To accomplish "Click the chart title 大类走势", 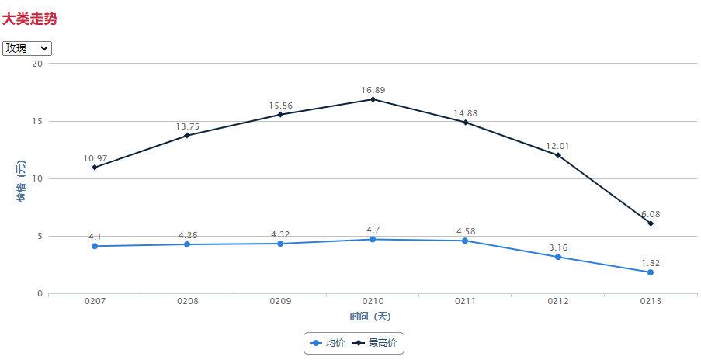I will [x=29, y=18].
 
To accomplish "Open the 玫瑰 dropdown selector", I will [x=27, y=48].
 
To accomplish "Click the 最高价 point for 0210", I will [x=373, y=99].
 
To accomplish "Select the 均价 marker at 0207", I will [x=95, y=246].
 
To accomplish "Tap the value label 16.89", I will [x=373, y=90].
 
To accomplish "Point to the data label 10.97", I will [x=95, y=158].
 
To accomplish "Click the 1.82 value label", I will [x=651, y=263].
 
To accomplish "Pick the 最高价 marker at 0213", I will [x=651, y=223].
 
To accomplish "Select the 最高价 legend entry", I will [x=378, y=343].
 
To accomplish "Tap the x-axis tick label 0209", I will [x=280, y=301].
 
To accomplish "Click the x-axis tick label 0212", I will [x=558, y=301].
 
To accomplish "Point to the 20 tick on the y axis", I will [x=37, y=63].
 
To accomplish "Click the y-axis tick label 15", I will [x=37, y=121].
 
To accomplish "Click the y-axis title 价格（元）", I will [x=21, y=178].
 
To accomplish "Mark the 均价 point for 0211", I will [x=465, y=241].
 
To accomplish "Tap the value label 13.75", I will [x=187, y=126].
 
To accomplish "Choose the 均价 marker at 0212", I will [x=558, y=257].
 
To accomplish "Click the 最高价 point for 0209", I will [x=280, y=115].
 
